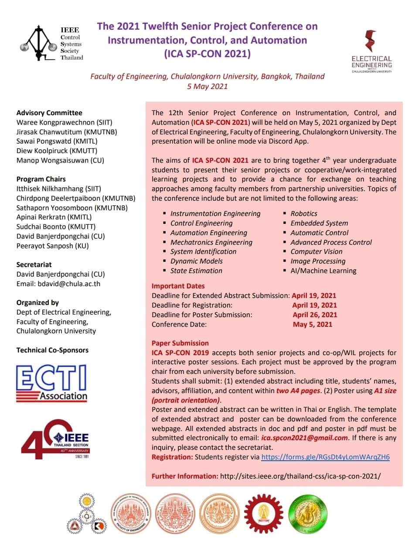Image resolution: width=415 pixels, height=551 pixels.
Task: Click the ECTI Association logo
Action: coord(51,383)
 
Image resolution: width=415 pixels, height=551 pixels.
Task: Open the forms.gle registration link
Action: coord(325,457)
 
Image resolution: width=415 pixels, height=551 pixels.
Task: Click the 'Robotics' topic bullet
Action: coord(304,213)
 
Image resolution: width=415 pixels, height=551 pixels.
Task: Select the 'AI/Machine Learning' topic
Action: coord(323,270)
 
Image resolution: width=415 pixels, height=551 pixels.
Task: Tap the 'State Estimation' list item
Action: coord(196,270)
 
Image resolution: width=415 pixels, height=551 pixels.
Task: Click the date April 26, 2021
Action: coord(315,315)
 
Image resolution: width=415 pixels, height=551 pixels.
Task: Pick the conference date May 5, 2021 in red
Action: coord(313,324)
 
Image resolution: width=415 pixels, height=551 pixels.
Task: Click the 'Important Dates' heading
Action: coord(178,286)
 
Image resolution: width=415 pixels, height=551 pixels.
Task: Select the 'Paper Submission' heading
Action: coord(180,343)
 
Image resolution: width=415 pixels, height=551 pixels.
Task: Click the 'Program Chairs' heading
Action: coord(41,179)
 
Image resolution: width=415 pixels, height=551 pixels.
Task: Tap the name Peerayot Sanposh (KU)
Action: coord(52,246)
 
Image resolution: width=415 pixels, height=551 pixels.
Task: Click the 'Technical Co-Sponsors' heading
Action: coord(52,350)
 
